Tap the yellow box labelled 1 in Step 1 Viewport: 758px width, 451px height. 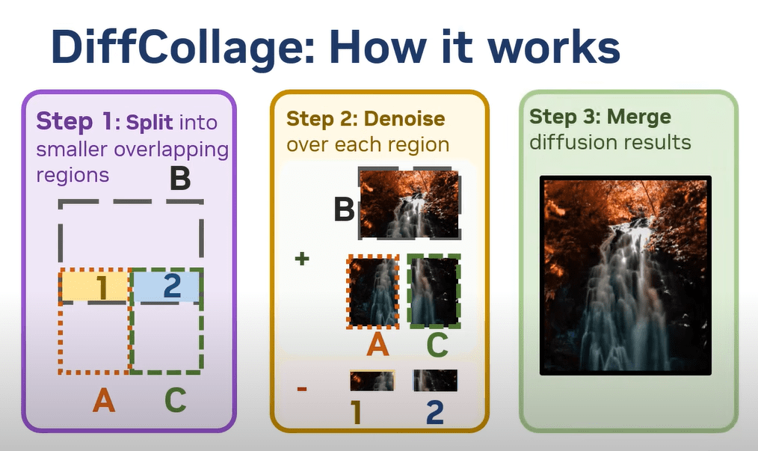pos(94,286)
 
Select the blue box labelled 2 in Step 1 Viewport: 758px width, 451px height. pos(166,286)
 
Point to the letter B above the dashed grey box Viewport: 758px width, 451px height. pos(180,179)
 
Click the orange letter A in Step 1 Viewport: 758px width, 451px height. pos(104,400)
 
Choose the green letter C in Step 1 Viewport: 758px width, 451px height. pos(175,400)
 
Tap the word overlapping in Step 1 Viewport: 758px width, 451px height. pos(172,150)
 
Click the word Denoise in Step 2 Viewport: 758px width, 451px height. pos(404,119)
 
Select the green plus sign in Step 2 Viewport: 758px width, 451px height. pos(302,259)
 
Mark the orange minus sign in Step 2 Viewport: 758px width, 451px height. pos(302,388)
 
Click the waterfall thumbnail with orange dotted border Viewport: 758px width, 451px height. pos(373,292)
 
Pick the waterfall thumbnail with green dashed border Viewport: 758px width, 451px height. pos(434,291)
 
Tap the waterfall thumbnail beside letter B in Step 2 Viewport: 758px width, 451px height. pos(410,203)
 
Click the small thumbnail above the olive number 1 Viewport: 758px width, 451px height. pos(372,381)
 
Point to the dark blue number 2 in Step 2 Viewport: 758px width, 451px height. pos(434,412)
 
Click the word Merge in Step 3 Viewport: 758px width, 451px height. pos(638,117)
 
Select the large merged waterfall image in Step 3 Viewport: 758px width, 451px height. pos(626,275)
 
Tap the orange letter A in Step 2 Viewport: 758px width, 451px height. pos(378,345)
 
